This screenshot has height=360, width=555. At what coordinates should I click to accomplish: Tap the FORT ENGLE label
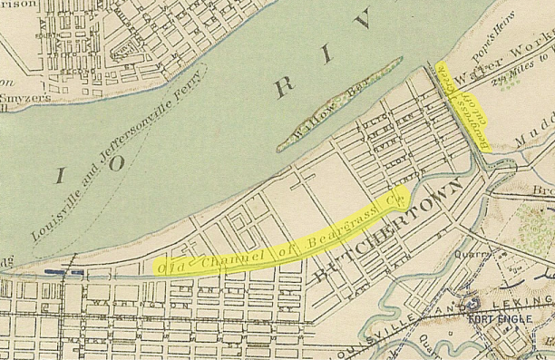[496, 319]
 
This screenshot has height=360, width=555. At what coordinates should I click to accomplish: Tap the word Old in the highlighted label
[168, 268]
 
